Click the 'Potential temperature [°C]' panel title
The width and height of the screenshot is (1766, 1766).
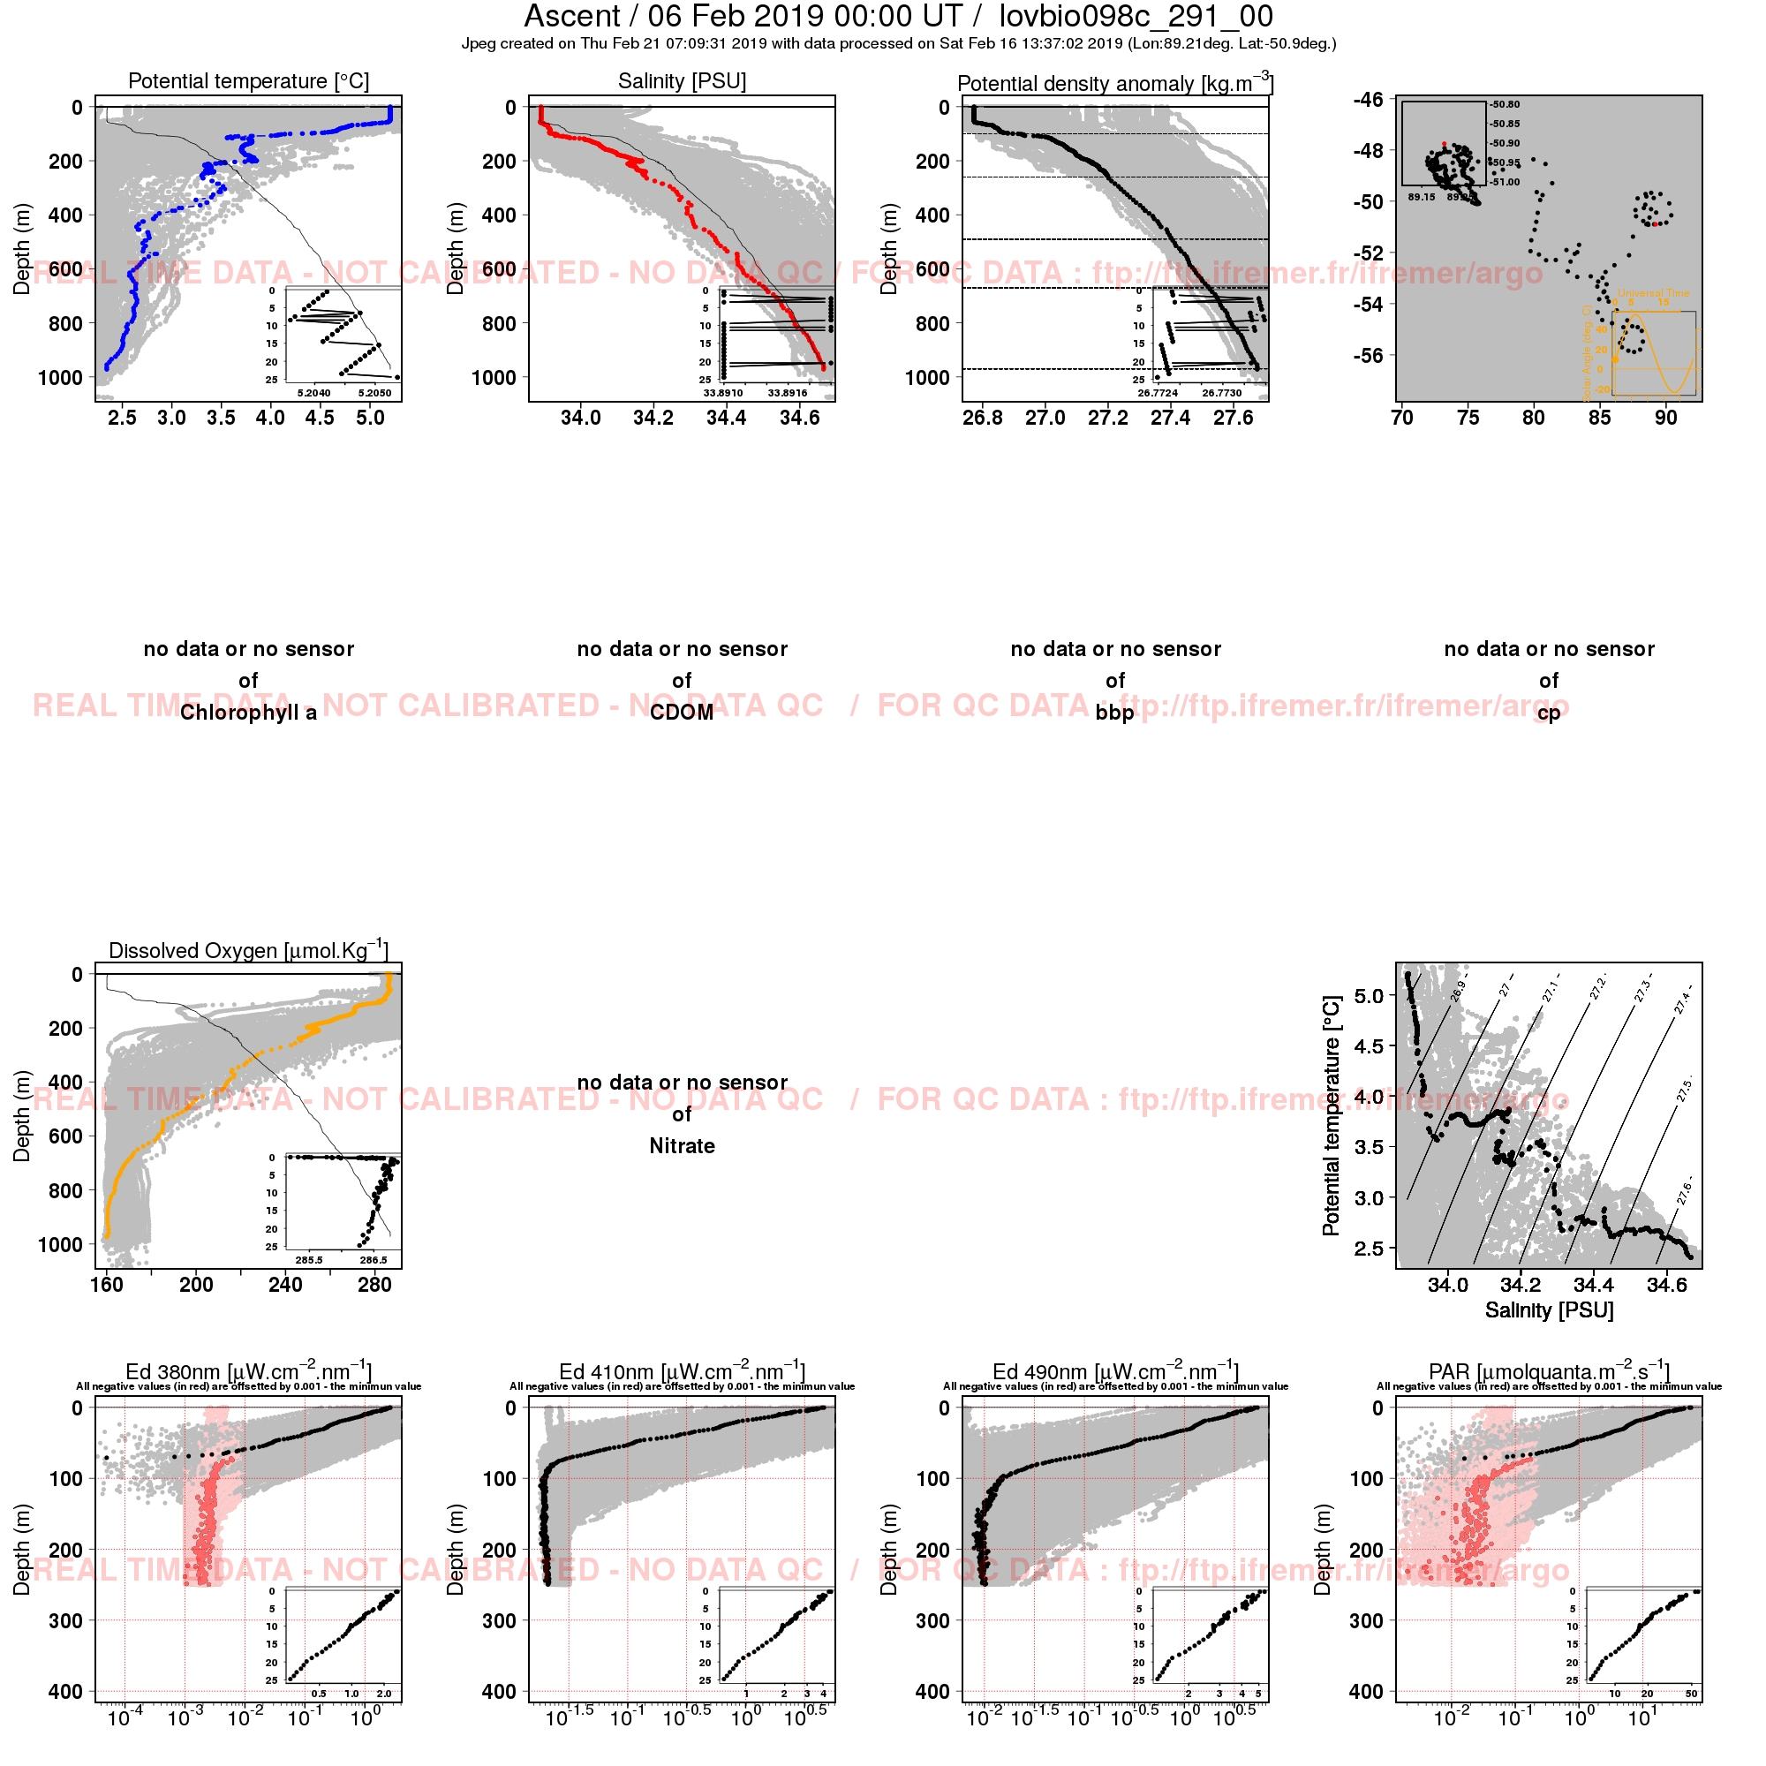(x=249, y=81)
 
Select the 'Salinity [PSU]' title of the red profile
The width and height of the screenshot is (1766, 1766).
(x=682, y=81)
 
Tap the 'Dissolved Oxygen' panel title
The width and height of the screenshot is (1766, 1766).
(x=249, y=951)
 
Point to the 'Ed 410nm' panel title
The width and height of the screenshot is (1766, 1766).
(x=682, y=1372)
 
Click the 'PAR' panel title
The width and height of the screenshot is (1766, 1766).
(x=1549, y=1372)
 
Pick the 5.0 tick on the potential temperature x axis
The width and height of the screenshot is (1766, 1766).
(x=370, y=419)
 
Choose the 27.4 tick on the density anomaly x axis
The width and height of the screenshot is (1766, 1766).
(x=1170, y=419)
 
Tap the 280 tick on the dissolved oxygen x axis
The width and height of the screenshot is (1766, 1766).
(x=374, y=1285)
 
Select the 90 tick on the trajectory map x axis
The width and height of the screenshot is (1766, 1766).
(x=1665, y=419)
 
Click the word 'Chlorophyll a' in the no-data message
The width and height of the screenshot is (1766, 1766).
(x=249, y=713)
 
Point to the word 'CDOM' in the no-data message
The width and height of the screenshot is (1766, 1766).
(x=682, y=713)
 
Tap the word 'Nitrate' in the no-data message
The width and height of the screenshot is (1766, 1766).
(x=682, y=1146)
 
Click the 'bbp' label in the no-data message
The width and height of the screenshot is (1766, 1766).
(x=1115, y=713)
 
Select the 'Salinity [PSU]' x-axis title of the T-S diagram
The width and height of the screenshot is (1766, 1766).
(x=1549, y=1310)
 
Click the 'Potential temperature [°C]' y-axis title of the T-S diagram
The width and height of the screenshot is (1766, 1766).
(x=1331, y=1116)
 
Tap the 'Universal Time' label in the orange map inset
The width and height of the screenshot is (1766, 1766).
(x=1654, y=293)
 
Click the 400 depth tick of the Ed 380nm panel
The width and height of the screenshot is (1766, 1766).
(x=66, y=1692)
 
